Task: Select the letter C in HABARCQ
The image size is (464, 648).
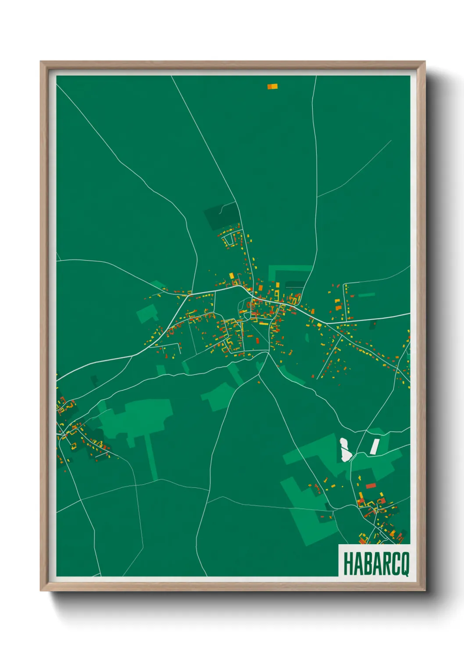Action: tap(394, 563)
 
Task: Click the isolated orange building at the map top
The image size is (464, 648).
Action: tap(272, 87)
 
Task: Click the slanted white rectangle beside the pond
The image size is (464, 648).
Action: tap(375, 447)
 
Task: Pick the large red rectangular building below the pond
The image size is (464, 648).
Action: tap(371, 485)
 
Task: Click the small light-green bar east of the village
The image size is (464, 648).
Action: tap(367, 295)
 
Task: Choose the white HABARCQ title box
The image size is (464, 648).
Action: tap(374, 561)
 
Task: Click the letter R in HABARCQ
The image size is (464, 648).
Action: tap(384, 563)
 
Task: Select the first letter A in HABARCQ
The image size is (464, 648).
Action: tap(357, 563)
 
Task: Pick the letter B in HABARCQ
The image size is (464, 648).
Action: tap(365, 563)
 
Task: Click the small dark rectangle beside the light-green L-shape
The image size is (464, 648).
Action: tap(295, 284)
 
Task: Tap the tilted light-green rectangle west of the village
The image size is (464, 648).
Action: tap(147, 313)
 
